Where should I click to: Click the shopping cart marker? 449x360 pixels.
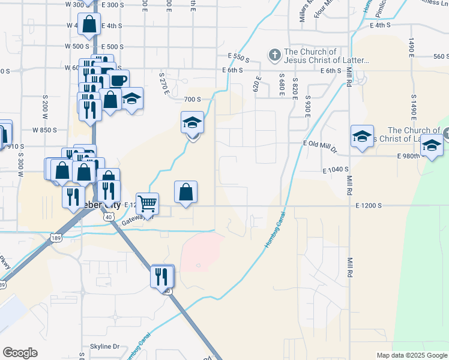(x=147, y=203)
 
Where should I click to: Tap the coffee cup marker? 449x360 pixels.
(x=118, y=80)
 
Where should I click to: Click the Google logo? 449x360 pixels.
(x=20, y=353)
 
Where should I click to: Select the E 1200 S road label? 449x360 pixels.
(x=369, y=206)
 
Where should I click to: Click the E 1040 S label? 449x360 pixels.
(x=336, y=170)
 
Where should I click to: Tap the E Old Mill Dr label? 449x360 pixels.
(x=321, y=145)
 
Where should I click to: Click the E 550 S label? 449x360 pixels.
(x=238, y=56)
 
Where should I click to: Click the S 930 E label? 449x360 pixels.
(x=307, y=105)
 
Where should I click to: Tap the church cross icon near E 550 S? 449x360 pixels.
(x=274, y=56)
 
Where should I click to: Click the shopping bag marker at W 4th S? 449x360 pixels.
(x=89, y=25)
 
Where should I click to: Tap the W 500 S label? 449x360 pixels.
(x=77, y=46)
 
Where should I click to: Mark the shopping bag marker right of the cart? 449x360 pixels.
(x=186, y=192)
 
